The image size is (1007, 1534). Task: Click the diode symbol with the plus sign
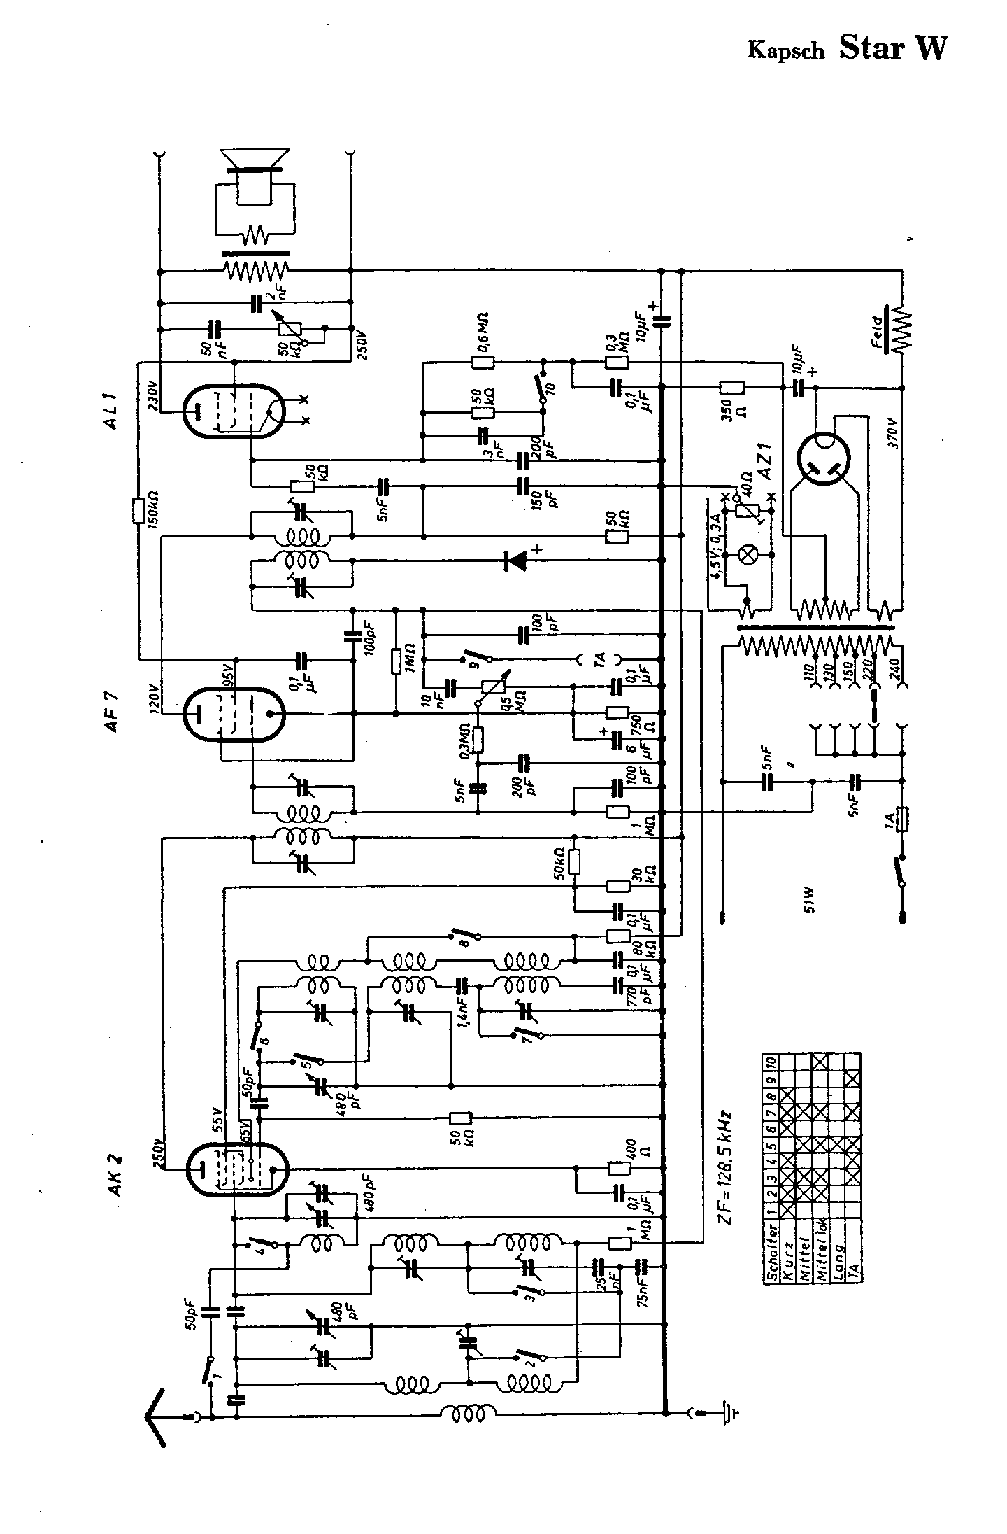point(517,559)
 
